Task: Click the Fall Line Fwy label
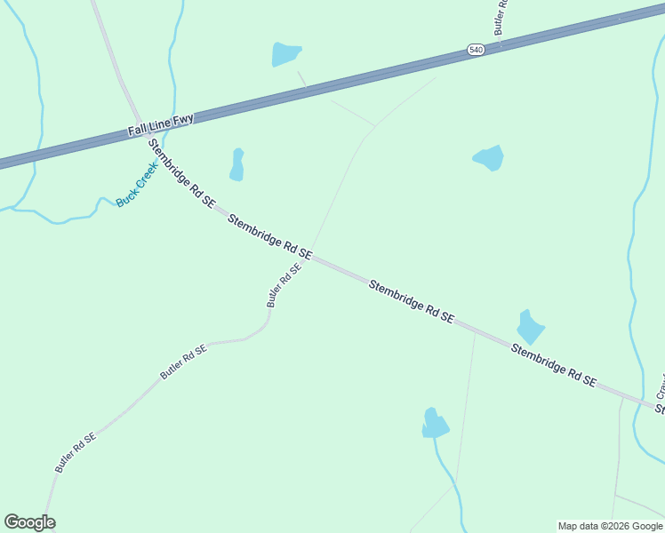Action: [x=160, y=124]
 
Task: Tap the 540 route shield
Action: [x=476, y=51]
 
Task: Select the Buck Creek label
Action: [x=137, y=184]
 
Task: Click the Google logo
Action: [x=29, y=522]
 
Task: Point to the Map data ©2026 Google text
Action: [x=611, y=526]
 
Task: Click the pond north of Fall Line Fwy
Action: [x=285, y=54]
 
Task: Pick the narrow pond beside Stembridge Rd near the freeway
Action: [x=237, y=164]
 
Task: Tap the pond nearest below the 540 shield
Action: [x=489, y=158]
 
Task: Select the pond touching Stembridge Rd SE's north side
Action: [x=530, y=327]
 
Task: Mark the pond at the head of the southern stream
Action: [x=435, y=424]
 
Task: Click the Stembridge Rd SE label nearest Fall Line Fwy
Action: [x=181, y=172]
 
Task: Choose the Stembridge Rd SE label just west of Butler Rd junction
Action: [x=269, y=236]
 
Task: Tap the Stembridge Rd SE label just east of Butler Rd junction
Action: [x=412, y=302]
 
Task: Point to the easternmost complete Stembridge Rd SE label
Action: [x=553, y=364]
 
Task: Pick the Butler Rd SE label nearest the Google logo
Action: [x=75, y=452]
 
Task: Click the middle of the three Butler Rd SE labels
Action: [x=183, y=362]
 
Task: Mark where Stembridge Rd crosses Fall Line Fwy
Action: [x=140, y=124]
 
